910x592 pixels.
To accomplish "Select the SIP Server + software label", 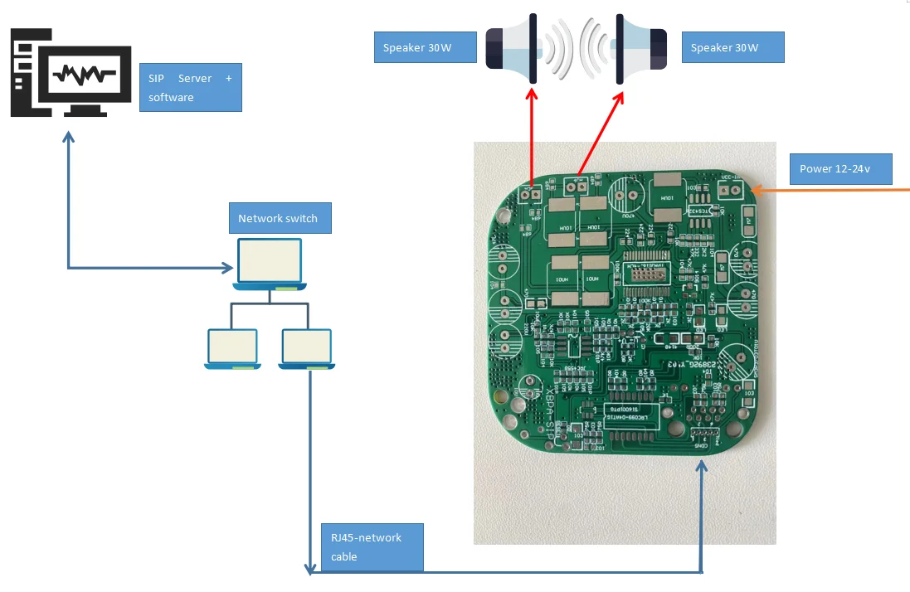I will [x=190, y=87].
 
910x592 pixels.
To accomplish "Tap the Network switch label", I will [x=279, y=218].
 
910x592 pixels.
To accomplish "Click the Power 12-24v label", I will [x=840, y=168].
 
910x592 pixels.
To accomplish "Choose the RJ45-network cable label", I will [x=372, y=547].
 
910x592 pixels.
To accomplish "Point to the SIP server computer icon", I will [x=71, y=75].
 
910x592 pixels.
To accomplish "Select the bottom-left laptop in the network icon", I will [x=233, y=348].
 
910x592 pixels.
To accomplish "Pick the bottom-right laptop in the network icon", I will [x=307, y=348].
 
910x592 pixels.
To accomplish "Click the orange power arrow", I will [x=830, y=191].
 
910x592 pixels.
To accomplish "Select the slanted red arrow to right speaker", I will [x=602, y=133].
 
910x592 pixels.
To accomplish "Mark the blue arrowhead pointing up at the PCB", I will [x=702, y=466].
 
